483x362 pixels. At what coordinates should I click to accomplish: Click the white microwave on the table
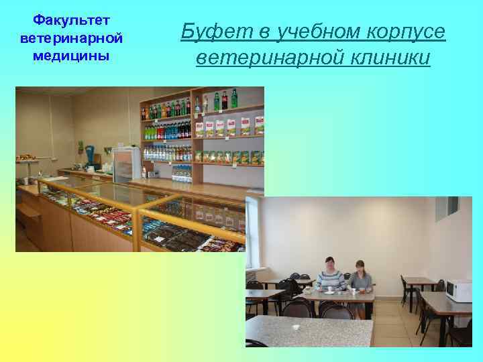[460, 290]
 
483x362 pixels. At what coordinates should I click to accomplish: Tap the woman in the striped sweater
[331, 277]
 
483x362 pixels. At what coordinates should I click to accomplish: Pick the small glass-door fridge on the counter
[126, 164]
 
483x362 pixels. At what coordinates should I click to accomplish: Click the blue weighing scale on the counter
[92, 156]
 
